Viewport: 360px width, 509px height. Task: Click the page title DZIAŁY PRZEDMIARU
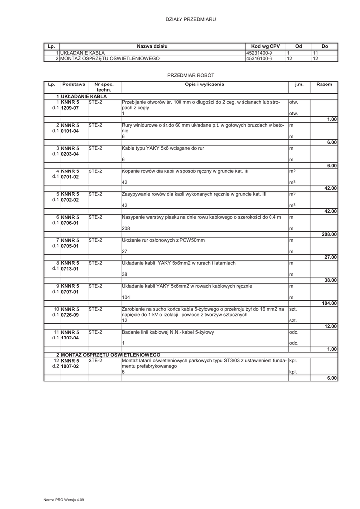pos(191,19)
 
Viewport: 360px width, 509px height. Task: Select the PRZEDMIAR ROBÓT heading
pos(191,75)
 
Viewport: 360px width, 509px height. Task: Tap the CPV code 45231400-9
pos(259,53)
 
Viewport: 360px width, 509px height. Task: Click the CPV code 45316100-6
pos(259,59)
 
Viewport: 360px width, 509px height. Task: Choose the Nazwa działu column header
pos(152,46)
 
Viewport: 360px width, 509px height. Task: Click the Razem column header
pos(324,85)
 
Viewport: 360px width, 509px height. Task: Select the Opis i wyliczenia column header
pos(204,85)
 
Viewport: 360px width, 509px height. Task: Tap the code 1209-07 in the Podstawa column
pos(70,107)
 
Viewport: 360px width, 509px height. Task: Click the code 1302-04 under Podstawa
pos(70,338)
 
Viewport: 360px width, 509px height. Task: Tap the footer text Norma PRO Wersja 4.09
pos(64,499)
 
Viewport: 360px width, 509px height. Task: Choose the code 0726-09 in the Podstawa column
pos(70,315)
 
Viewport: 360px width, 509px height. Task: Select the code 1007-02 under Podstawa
pos(70,366)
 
